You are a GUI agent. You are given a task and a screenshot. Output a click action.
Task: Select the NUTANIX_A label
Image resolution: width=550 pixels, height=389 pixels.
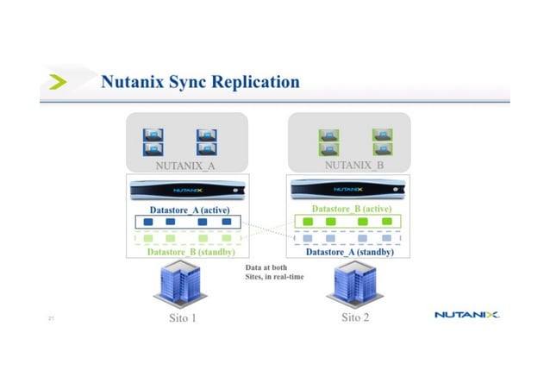[x=185, y=164]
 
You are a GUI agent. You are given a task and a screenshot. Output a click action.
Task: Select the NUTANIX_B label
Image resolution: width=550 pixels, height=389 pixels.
[x=354, y=164]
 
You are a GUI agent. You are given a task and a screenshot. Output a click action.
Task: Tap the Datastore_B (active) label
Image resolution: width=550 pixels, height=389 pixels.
[x=352, y=209]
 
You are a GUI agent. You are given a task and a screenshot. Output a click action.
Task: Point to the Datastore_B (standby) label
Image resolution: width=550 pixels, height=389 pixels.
[x=184, y=252]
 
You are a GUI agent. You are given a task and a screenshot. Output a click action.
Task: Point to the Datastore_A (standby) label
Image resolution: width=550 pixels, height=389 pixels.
[x=351, y=252]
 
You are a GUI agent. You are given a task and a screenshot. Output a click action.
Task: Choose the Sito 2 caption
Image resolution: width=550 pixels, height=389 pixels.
[x=355, y=318]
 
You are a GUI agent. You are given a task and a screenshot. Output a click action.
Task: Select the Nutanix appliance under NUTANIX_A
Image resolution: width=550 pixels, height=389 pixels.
[x=184, y=190]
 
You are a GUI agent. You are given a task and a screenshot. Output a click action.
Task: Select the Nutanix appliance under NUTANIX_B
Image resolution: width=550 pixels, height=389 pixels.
[x=348, y=190]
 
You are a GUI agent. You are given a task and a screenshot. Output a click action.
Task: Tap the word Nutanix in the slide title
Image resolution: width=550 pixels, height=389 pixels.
[x=133, y=83]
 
